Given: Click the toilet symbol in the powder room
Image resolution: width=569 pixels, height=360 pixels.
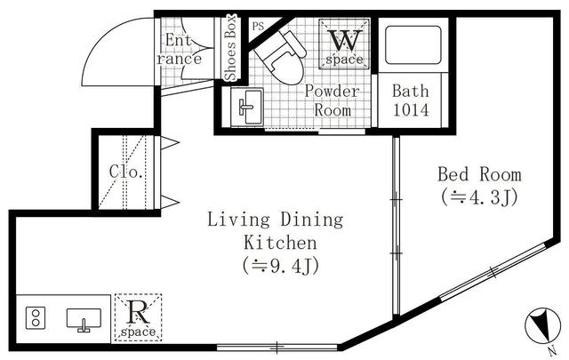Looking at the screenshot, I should coord(278,56).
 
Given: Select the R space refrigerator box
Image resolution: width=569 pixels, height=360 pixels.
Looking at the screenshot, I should coord(138,316).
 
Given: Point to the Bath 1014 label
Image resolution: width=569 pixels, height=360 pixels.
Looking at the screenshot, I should coord(411,100).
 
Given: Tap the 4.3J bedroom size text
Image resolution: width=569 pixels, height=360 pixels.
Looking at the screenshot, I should coord(478,196).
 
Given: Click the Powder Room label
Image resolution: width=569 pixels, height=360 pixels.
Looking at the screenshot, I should coord(333,100).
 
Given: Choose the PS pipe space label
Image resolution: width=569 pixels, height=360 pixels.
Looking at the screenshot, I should coord(259,26).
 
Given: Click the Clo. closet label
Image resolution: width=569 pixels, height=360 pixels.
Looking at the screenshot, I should coord(126,172).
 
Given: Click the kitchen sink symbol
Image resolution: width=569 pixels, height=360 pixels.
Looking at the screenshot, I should coord(85,319).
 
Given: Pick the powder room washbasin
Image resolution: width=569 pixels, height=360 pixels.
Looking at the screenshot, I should coord(246,108).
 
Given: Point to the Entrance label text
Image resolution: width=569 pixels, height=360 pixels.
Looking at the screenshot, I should coord(180,49).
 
